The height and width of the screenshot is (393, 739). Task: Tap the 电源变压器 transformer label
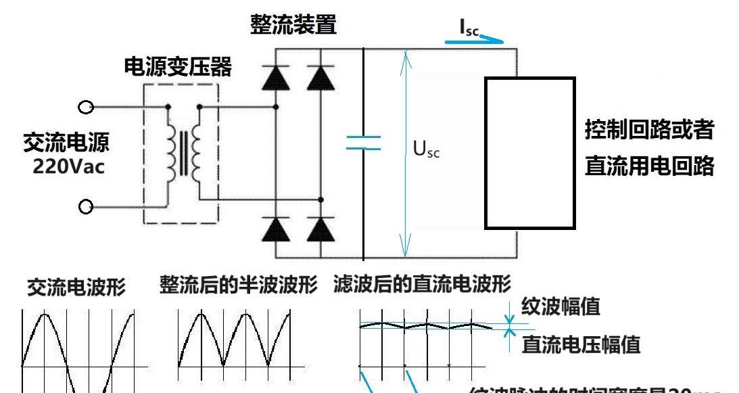click(178, 67)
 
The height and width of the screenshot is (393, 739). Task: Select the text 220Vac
click(69, 167)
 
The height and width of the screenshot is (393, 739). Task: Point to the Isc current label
click(469, 28)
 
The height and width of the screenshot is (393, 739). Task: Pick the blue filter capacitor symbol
click(364, 143)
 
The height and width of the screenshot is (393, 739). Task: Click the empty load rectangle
click(529, 153)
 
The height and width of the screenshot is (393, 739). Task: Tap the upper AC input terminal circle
click(86, 107)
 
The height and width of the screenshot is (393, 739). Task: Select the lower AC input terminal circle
click(86, 207)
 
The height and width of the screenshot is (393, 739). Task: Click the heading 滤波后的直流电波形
click(423, 285)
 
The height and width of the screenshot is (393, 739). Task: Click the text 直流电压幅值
click(581, 346)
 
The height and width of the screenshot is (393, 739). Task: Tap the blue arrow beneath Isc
click(475, 40)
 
